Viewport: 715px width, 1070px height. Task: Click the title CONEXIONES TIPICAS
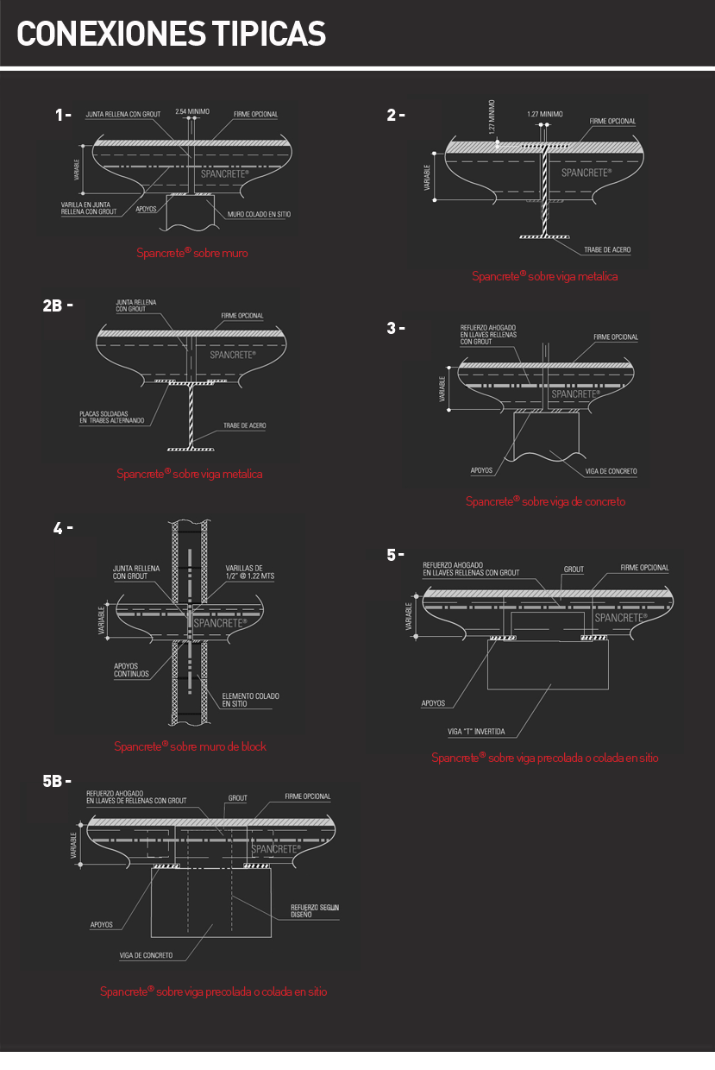coord(171,34)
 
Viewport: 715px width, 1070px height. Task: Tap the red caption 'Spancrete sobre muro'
coord(192,254)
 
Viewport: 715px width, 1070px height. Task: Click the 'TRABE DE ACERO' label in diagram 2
coord(606,249)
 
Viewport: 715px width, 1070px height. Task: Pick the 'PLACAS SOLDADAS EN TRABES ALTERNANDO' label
coord(113,417)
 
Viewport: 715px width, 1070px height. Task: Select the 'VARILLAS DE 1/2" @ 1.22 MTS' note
coord(249,571)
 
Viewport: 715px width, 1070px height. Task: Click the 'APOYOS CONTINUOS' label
coord(131,670)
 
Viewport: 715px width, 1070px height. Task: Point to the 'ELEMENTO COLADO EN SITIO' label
coord(250,700)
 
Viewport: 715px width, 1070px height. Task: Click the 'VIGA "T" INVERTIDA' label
coord(476,733)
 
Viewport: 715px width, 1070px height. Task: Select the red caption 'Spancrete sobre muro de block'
coord(191,746)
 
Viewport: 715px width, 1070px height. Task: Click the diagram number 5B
coord(57,782)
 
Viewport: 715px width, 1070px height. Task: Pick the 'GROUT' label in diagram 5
coord(574,570)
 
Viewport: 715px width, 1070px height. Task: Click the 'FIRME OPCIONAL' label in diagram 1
coord(255,115)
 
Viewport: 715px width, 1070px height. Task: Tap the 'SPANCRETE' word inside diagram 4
coord(220,623)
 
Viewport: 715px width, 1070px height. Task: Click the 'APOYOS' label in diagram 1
coord(146,209)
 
